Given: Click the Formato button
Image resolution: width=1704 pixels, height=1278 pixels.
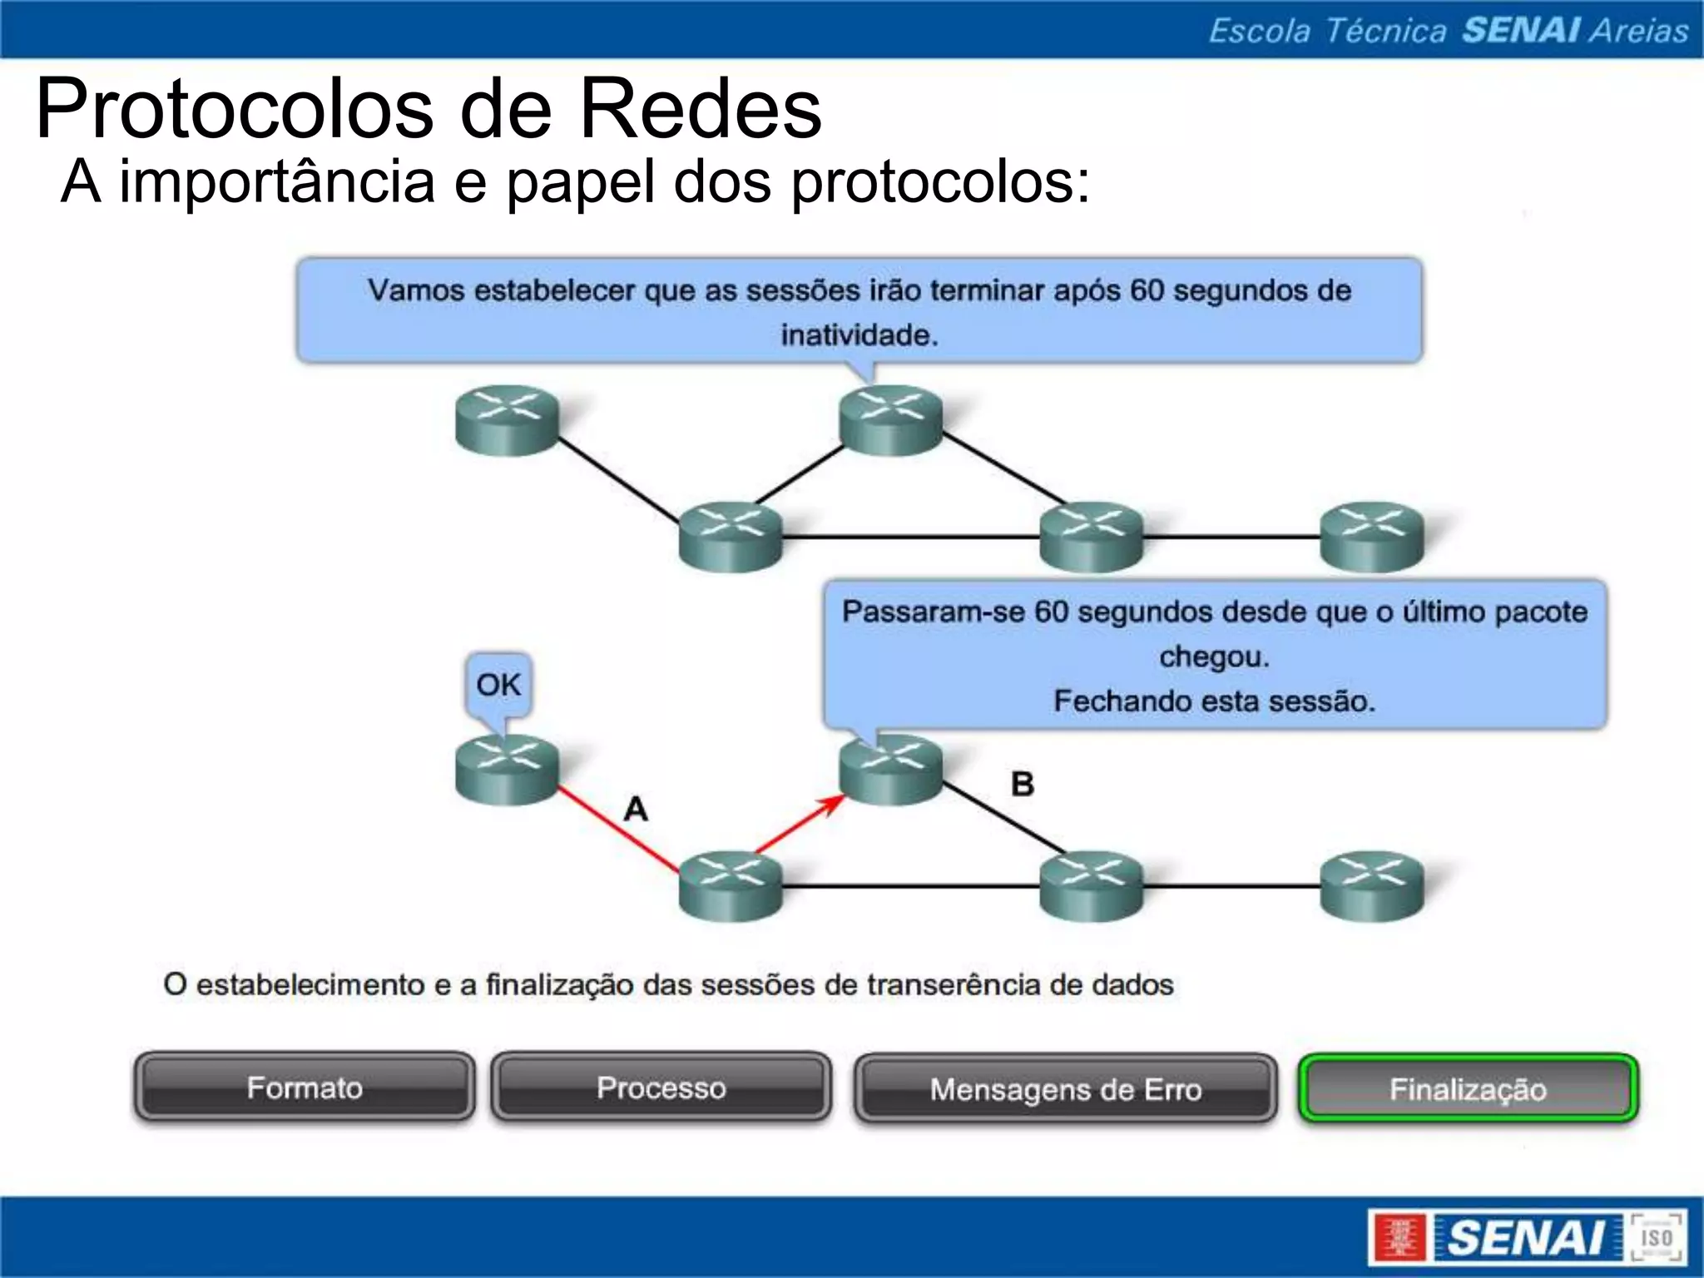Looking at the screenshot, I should (x=305, y=1087).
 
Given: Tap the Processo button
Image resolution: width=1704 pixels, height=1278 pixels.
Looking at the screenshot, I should (x=661, y=1087).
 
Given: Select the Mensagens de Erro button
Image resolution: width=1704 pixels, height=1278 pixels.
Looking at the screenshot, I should (x=1065, y=1089).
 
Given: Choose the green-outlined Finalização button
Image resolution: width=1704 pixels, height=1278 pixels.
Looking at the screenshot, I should (x=1468, y=1089).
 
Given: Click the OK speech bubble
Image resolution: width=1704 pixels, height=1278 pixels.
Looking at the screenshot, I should (x=498, y=686).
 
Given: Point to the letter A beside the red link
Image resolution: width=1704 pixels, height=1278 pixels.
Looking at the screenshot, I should (x=636, y=809).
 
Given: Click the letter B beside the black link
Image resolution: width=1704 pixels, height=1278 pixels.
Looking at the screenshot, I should (x=1023, y=784).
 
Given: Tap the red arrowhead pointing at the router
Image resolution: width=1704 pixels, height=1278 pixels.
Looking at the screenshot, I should (x=832, y=804).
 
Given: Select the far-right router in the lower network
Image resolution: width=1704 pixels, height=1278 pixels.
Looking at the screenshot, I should (x=1372, y=886).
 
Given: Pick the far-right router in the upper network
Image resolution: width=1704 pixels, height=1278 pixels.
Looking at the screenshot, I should (x=1372, y=537).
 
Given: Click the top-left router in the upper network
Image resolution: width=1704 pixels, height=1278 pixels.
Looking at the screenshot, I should (x=507, y=419).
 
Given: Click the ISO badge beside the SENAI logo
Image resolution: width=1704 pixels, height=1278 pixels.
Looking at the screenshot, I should (x=1656, y=1238).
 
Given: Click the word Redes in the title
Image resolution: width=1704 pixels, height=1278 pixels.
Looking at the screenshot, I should (x=700, y=110).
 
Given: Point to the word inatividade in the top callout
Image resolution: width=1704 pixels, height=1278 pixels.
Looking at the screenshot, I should (x=859, y=335).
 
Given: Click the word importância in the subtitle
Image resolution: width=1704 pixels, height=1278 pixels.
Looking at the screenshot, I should (x=277, y=181).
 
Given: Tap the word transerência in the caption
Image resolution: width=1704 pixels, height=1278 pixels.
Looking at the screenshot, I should (x=954, y=985).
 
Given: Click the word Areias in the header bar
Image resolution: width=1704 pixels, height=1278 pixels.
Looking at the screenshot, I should (x=1638, y=31).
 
